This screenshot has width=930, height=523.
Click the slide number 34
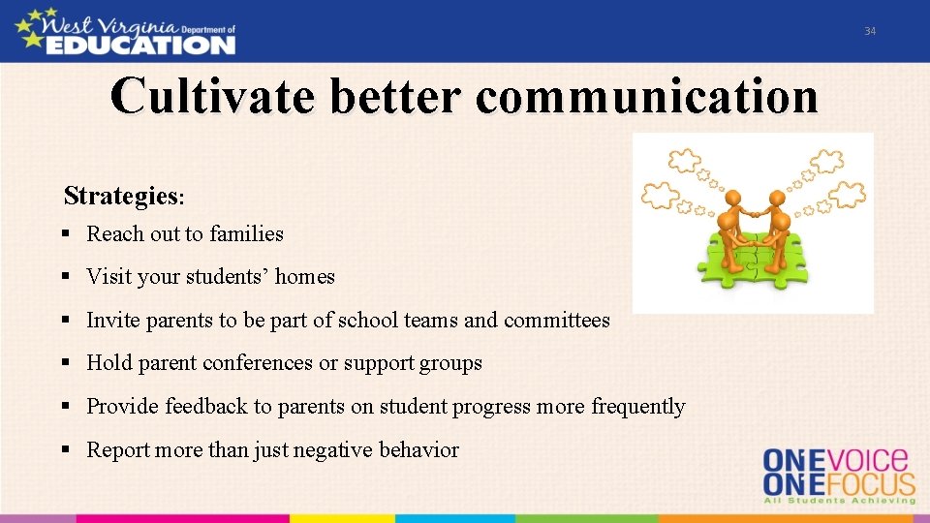click(x=870, y=32)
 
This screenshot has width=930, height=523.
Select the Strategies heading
click(x=122, y=197)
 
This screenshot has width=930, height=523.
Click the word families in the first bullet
click(x=247, y=234)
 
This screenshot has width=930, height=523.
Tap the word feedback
click(x=206, y=407)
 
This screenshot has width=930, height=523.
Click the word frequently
click(x=637, y=407)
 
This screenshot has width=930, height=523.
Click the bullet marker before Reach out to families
click(x=66, y=234)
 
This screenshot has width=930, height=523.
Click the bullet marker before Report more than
click(x=66, y=449)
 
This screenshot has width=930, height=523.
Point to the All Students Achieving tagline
click(x=839, y=500)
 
